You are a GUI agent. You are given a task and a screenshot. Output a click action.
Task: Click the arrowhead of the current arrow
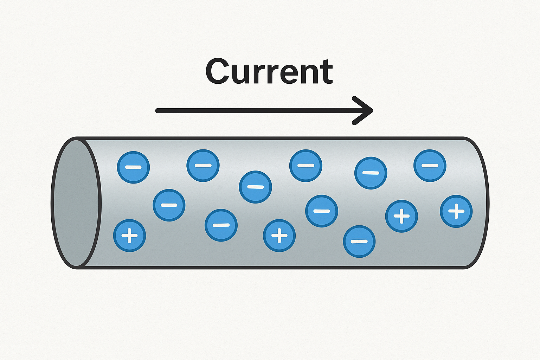click(x=366, y=110)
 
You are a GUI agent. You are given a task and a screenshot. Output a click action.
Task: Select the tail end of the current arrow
click(x=158, y=111)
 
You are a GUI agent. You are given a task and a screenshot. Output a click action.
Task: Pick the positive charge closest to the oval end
click(x=129, y=236)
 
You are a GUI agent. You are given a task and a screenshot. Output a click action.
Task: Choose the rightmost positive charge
click(x=456, y=211)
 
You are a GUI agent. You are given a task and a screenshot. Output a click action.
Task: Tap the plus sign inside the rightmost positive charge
click(x=456, y=211)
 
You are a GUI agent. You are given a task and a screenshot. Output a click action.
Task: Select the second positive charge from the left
click(x=279, y=236)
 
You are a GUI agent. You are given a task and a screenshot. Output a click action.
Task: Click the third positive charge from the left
click(x=401, y=216)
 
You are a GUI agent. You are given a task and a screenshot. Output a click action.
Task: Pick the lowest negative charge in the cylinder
click(x=359, y=241)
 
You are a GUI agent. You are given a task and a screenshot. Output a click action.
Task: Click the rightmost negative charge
click(x=430, y=166)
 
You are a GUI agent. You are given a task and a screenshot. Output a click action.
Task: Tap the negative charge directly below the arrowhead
click(x=371, y=173)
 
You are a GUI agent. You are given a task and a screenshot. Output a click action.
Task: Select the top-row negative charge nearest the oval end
click(x=133, y=167)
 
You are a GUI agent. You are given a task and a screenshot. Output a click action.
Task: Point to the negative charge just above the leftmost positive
click(x=169, y=205)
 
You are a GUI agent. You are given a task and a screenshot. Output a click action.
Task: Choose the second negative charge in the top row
click(x=203, y=165)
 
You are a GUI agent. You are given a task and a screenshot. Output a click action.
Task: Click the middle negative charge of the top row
click(x=306, y=165)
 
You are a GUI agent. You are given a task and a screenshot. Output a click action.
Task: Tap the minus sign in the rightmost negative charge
click(x=430, y=166)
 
